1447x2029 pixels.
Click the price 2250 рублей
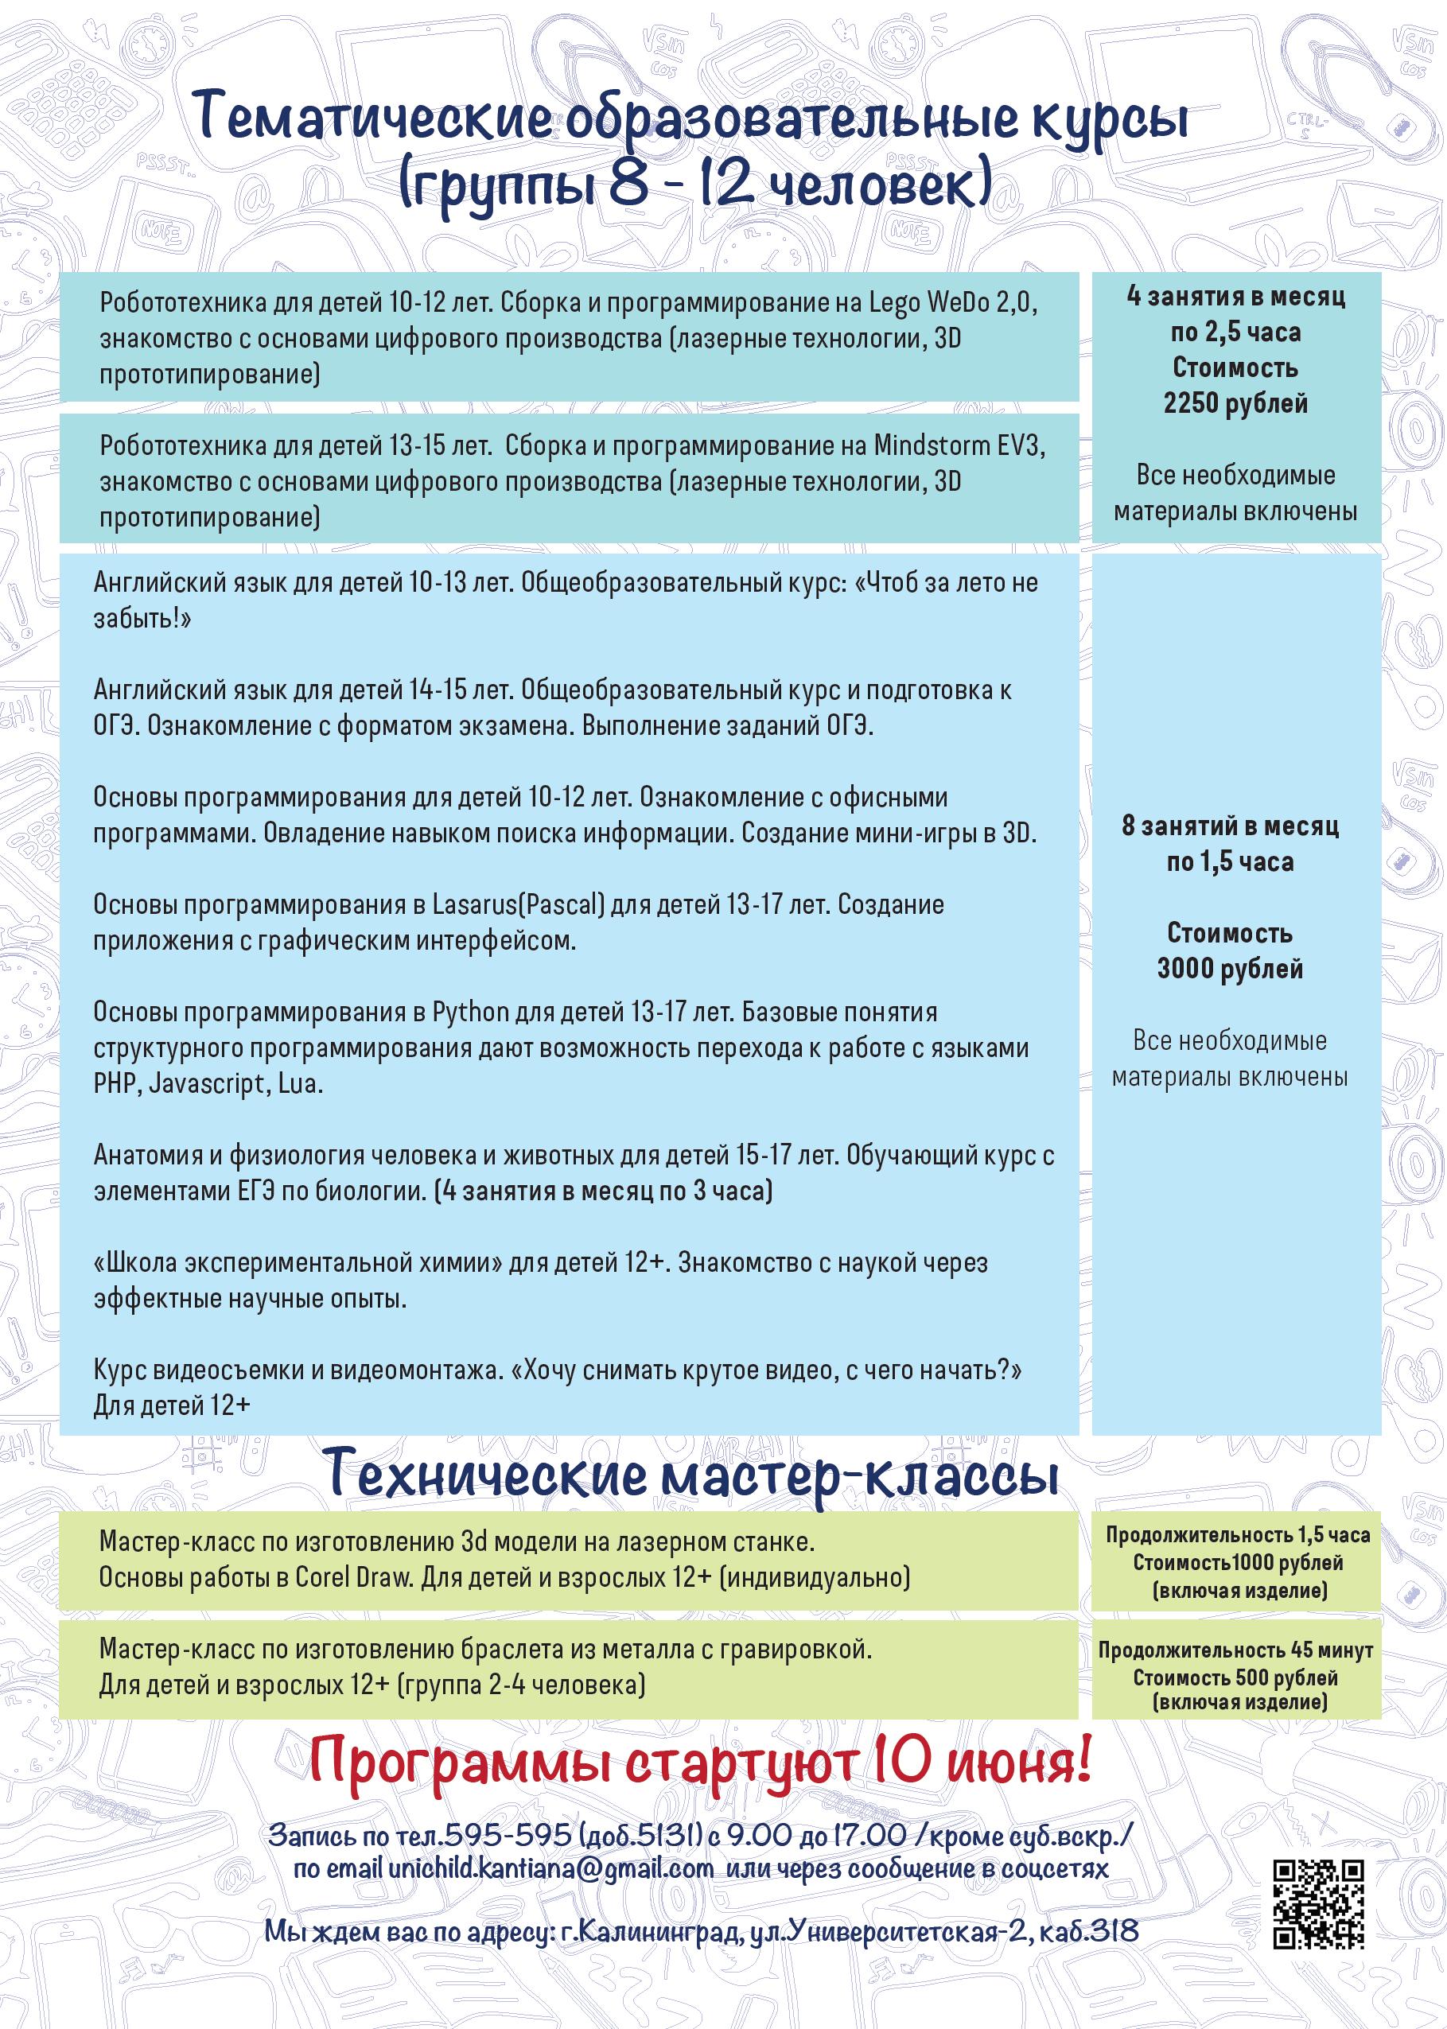(x=1235, y=403)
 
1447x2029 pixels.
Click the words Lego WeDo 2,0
(x=952, y=303)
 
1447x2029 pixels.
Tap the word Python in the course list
(x=470, y=1012)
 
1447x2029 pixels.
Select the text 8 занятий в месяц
(x=1230, y=826)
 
